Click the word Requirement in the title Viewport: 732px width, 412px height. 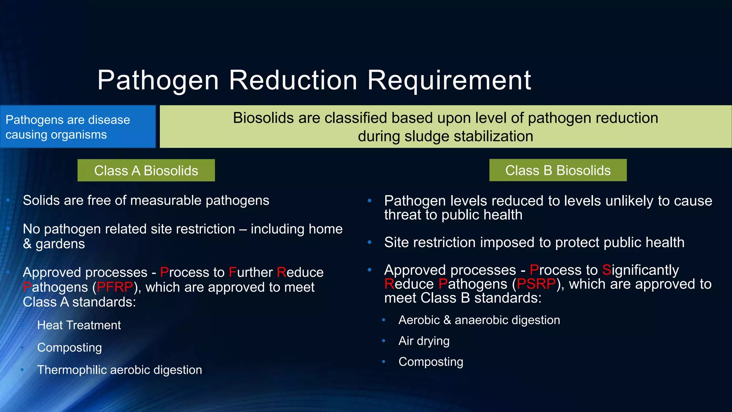pyautogui.click(x=449, y=80)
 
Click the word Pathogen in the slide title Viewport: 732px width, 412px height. pyautogui.click(x=158, y=80)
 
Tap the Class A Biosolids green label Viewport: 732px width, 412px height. pyautogui.click(x=146, y=171)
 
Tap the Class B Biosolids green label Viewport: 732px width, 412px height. pyautogui.click(x=558, y=170)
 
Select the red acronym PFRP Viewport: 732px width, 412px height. pyautogui.click(x=115, y=287)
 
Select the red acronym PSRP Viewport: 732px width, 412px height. pyautogui.click(x=536, y=284)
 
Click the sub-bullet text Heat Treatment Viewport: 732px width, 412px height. pyautogui.click(x=79, y=325)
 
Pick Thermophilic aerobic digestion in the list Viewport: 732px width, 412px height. pyautogui.click(x=119, y=370)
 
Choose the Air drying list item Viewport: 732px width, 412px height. pyautogui.click(x=424, y=341)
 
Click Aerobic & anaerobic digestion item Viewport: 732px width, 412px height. pyautogui.click(x=479, y=320)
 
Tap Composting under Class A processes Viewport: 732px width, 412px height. pyautogui.click(x=69, y=348)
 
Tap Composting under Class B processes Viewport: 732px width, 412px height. pyautogui.click(x=431, y=362)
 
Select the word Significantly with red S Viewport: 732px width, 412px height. pyautogui.click(x=640, y=270)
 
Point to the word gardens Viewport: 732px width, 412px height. pyautogui.click(x=60, y=244)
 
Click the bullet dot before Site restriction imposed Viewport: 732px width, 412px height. pyautogui.click(x=370, y=243)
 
